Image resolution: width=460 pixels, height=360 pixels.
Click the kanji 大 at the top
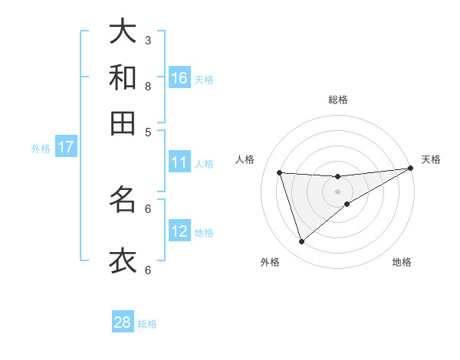pos(123,31)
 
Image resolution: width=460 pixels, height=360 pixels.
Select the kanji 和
pos(123,77)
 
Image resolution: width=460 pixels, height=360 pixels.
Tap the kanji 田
pos(123,123)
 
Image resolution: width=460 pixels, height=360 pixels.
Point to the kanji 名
pos(123,200)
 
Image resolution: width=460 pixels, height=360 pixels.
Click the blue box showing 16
pos(179,78)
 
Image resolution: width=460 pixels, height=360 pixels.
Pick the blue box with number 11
pos(179,162)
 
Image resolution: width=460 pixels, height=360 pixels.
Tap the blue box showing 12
pos(179,231)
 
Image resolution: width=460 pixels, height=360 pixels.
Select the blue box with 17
pos(65,147)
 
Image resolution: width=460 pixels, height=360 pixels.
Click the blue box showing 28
pos(123,322)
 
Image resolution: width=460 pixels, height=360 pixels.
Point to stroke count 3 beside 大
pos(148,40)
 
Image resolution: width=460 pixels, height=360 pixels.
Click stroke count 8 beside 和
pos(148,86)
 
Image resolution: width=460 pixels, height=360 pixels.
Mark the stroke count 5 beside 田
pos(148,131)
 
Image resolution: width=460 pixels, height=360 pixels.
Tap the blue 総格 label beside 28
pos(147,324)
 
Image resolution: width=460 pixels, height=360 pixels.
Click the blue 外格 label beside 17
pos(41,149)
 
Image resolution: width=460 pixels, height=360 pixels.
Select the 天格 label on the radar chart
pos(431,159)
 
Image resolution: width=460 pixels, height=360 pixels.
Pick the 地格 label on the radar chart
pos(402,263)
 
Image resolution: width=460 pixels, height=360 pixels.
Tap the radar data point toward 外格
pos(301,242)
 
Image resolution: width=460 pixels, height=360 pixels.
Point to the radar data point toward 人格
pos(280,173)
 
